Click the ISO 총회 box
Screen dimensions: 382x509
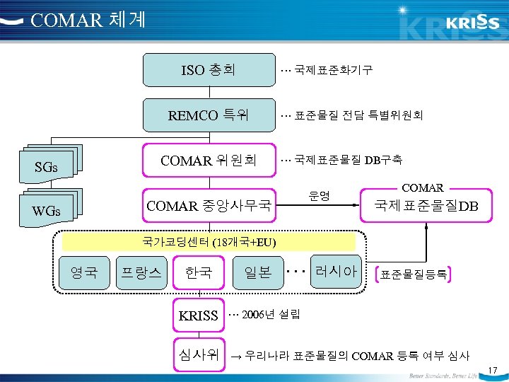coord(209,69)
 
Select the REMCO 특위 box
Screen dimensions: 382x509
coord(209,115)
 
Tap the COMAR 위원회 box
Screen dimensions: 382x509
coord(209,161)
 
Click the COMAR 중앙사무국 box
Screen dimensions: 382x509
coord(209,206)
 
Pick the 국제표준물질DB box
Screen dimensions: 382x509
coord(426,206)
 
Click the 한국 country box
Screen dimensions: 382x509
coord(199,272)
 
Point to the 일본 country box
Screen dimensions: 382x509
coord(257,272)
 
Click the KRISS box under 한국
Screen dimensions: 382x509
coord(199,316)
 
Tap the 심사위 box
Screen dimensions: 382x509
coord(199,353)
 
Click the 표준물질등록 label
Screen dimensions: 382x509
coord(413,274)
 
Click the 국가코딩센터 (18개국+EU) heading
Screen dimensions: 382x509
coord(209,242)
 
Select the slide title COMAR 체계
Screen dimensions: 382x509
coord(88,19)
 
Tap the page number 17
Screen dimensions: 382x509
coord(493,369)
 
